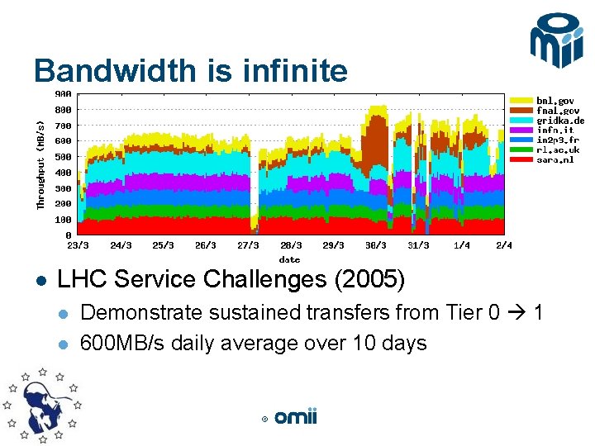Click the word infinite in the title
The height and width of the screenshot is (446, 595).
295,72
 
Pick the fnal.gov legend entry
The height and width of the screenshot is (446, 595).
559,111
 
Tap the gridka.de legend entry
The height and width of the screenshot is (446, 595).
561,121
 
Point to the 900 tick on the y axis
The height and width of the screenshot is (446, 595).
64,94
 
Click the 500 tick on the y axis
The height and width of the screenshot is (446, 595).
64,157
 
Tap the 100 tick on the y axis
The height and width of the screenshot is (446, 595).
64,220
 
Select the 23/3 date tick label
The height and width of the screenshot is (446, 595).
78,245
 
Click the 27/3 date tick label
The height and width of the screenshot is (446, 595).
248,245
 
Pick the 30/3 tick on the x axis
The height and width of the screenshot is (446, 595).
376,245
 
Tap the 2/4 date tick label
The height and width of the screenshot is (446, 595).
504,245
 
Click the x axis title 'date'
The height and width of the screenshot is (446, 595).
289,259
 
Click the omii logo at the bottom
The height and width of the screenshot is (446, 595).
295,418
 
